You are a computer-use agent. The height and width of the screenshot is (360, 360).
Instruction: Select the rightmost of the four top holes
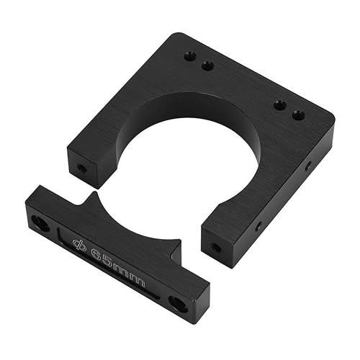[x=298, y=114]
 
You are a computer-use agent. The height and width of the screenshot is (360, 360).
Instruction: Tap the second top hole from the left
[x=207, y=66]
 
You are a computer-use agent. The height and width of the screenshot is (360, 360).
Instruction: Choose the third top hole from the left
[x=280, y=105]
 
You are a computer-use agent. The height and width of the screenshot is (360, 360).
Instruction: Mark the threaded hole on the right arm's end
[x=216, y=248]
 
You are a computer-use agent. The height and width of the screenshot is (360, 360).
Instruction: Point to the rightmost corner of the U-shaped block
[x=333, y=121]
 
